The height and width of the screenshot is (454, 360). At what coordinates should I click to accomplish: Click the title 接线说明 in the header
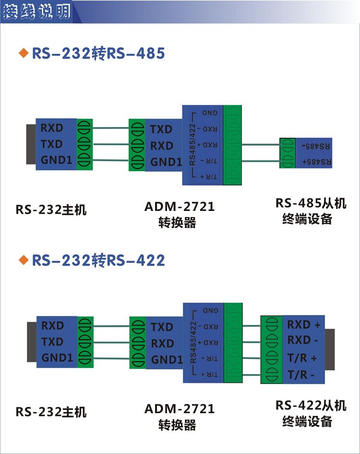(36, 12)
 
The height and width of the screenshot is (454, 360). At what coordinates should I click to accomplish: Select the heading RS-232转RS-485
(98, 53)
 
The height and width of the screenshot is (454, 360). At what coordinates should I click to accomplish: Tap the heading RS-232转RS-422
(98, 260)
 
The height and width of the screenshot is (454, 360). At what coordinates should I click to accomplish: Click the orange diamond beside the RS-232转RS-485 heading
(22, 53)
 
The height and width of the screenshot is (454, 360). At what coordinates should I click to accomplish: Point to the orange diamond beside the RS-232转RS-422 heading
(22, 260)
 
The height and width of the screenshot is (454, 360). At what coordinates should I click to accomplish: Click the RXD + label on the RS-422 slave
(303, 325)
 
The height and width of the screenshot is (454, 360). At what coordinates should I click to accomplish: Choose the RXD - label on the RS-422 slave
(303, 340)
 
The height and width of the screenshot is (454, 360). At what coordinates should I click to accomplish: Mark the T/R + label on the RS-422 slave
(302, 358)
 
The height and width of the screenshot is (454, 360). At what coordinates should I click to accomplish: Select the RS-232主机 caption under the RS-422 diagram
(51, 412)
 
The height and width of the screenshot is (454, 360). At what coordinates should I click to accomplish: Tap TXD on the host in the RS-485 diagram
(52, 144)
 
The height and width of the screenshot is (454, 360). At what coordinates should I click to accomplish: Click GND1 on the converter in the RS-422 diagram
(167, 360)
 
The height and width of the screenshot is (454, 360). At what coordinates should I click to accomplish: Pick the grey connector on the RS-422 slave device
(330, 349)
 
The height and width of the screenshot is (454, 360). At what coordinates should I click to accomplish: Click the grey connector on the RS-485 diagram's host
(31, 144)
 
